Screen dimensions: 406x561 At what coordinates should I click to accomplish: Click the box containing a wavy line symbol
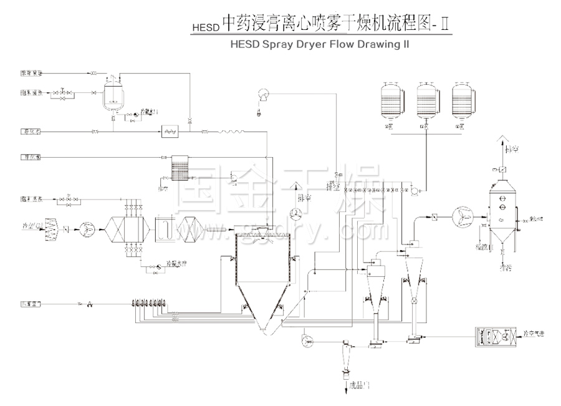point(170,131)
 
